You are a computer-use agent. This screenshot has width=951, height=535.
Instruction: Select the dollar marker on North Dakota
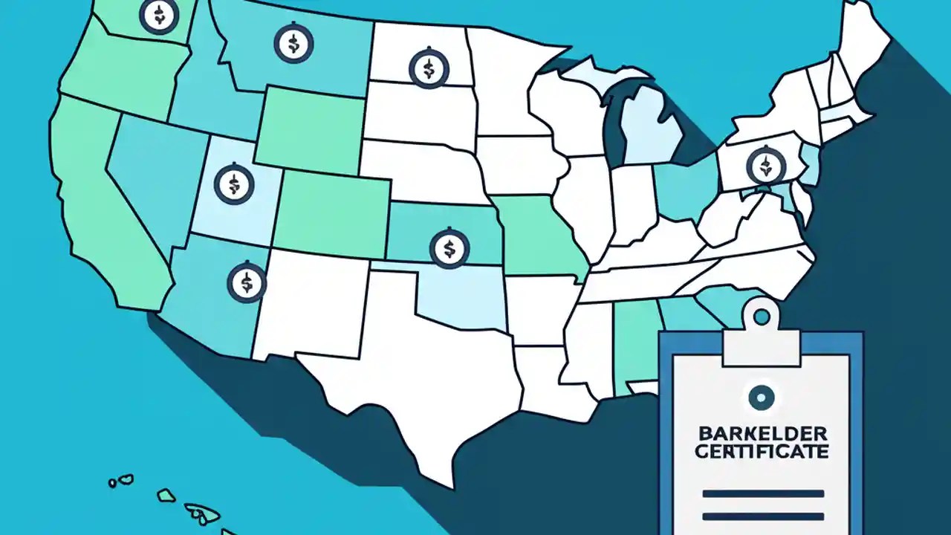[x=429, y=68]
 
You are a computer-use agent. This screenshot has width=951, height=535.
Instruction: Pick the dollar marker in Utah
[x=234, y=183]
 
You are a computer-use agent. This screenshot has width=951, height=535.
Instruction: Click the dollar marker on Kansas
[x=449, y=247]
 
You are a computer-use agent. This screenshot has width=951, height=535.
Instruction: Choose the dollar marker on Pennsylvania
[x=766, y=165]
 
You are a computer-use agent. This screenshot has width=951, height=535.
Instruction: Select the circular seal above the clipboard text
[x=760, y=398]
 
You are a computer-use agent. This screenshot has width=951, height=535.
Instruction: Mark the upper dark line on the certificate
[x=762, y=493]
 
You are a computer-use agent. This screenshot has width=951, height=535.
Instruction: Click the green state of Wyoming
[x=311, y=130]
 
